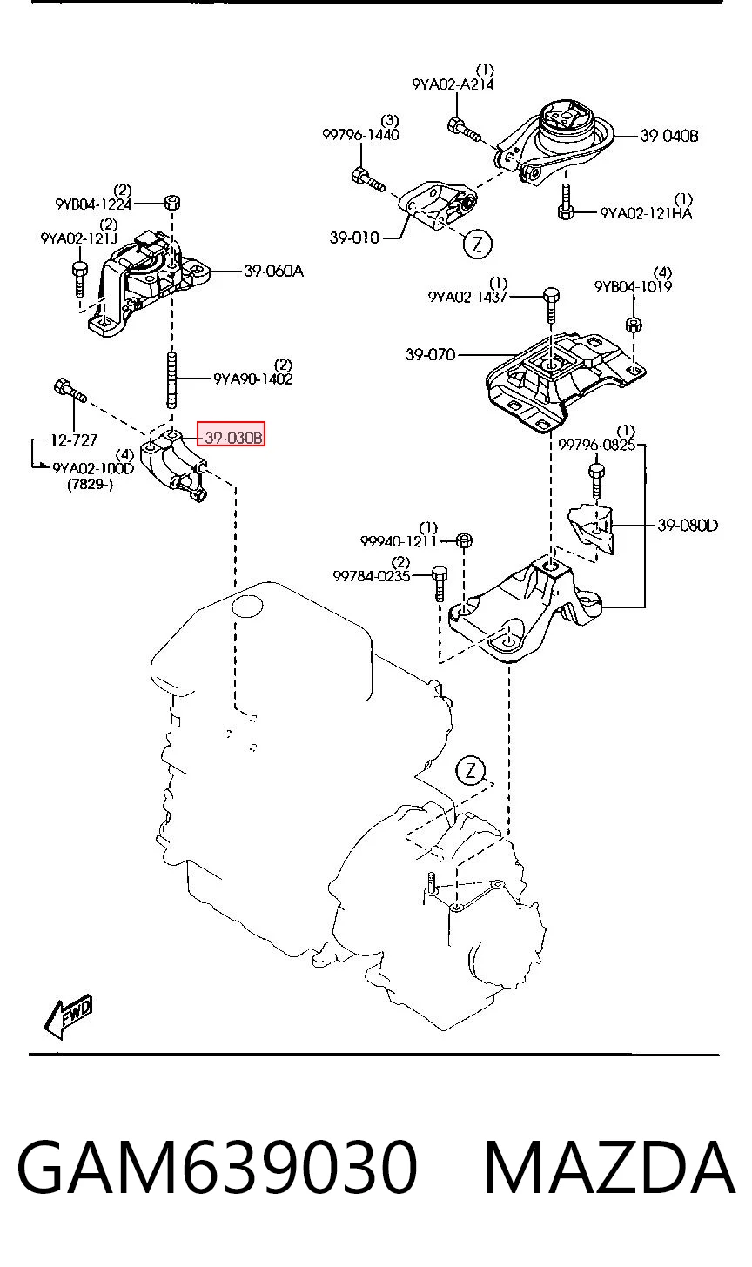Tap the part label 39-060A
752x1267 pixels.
pos(274,271)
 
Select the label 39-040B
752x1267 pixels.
pos(669,137)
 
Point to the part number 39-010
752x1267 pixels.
pos(354,238)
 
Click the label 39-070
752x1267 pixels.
pos(431,355)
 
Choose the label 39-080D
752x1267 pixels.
pos(688,526)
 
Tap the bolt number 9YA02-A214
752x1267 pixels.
pos(453,85)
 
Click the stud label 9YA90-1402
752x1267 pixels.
pos(253,379)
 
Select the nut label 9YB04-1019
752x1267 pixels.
pos(633,287)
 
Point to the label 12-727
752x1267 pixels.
pos(74,440)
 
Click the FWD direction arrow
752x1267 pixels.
pos(67,1016)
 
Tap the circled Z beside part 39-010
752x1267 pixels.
pos(478,245)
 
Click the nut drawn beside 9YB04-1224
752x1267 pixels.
pos(172,202)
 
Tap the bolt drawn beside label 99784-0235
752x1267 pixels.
pos(439,583)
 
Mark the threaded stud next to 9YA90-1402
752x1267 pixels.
pos(172,379)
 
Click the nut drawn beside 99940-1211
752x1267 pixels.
pos(464,540)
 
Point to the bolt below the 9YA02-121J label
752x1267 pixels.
pos(80,278)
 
